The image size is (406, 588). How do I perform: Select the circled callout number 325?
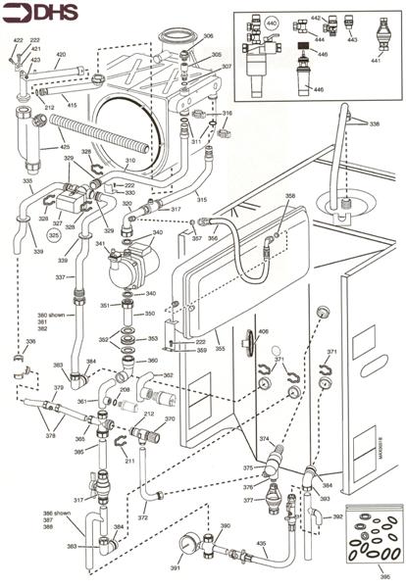[55, 236]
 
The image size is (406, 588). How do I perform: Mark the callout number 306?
[208, 36]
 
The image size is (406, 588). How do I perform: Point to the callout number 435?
[261, 542]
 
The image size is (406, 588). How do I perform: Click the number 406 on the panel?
[263, 333]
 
